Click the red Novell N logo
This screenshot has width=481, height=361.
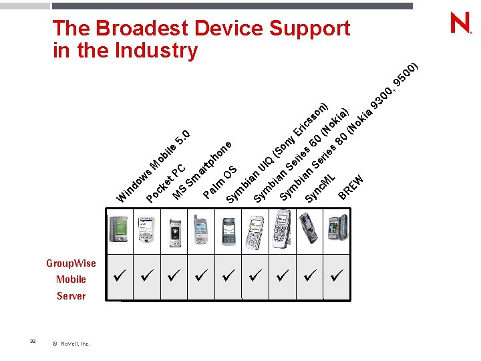coord(461,24)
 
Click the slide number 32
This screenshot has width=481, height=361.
coord(33,341)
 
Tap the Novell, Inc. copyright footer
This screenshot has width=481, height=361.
coord(71,344)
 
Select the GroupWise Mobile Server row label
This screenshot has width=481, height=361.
coord(71,279)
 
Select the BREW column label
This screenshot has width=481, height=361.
coord(351,187)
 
